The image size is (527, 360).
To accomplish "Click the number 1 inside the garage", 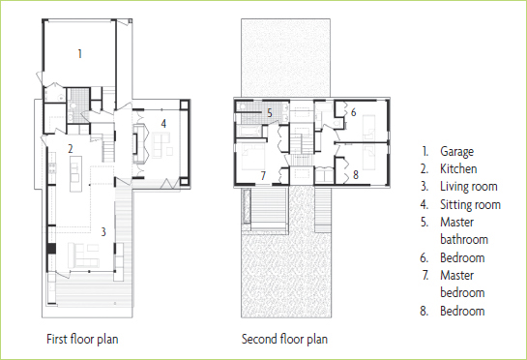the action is (79, 53).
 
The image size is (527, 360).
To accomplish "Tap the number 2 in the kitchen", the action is (71, 149).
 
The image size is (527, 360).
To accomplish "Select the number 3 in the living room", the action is (103, 231).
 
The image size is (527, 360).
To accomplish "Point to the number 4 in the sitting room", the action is (163, 124).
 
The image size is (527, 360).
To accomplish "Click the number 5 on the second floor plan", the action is (270, 113).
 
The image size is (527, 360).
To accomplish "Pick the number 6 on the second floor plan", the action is (353, 112).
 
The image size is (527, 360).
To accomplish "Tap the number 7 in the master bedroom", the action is (263, 175).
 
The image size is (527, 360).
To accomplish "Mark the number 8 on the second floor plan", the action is (356, 174).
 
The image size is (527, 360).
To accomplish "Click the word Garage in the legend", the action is (457, 152).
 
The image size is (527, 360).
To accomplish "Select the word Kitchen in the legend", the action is (458, 168).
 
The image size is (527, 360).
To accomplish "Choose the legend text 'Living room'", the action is (469, 187).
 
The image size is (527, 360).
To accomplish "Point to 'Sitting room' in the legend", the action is (471, 204).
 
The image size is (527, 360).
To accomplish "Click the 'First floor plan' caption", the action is (82, 339).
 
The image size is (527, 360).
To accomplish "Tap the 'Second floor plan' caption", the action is (284, 339).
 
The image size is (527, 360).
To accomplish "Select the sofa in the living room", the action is (83, 255).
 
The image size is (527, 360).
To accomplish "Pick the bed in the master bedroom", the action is (251, 158).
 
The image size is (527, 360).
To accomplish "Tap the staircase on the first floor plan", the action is (108, 151).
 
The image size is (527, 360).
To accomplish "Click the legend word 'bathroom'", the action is (464, 240).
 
